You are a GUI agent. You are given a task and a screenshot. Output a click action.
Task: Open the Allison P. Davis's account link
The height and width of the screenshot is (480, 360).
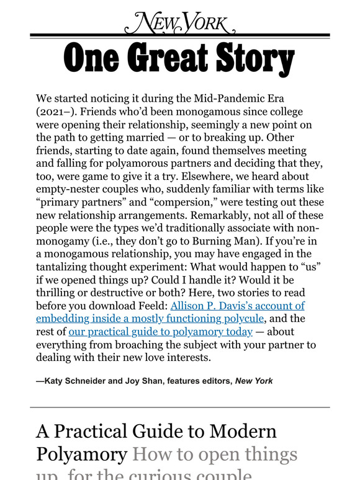tap(238, 306)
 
